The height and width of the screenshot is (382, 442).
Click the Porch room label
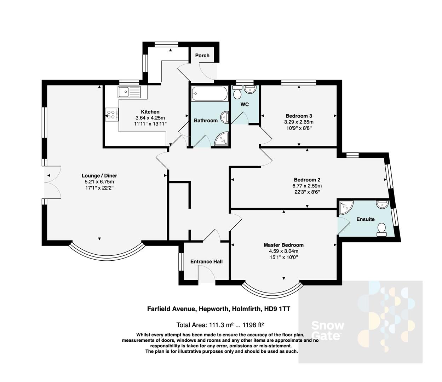202,56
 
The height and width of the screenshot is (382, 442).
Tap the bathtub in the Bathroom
209,94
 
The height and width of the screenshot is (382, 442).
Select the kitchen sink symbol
129,92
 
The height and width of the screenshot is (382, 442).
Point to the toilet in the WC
237,93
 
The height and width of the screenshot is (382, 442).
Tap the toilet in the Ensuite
381,230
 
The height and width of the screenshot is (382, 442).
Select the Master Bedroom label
283,245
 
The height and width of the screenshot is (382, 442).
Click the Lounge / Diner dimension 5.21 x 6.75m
99,182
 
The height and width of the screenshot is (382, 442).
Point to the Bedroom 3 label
299,116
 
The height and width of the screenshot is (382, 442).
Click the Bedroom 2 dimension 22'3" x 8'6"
307,192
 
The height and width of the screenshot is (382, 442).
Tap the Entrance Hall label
206,261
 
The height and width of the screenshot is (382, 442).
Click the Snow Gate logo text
327,330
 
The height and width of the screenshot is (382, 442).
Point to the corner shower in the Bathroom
222,139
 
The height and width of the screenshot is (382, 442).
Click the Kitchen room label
150,112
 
